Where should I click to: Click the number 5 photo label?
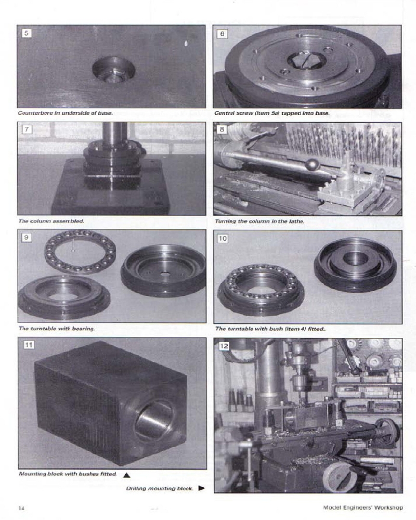coord(27,33)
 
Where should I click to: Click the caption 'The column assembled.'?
coord(51,221)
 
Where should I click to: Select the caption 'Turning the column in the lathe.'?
coord(259,221)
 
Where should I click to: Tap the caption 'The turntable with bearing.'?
coord(57,329)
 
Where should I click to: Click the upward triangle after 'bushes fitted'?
coord(126,475)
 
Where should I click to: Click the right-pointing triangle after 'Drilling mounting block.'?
coord(201,489)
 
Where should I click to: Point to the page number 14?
coord(21,508)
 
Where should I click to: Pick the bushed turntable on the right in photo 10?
coord(355,264)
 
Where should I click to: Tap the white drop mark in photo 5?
coord(186,44)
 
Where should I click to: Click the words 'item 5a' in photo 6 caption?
coord(275,113)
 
